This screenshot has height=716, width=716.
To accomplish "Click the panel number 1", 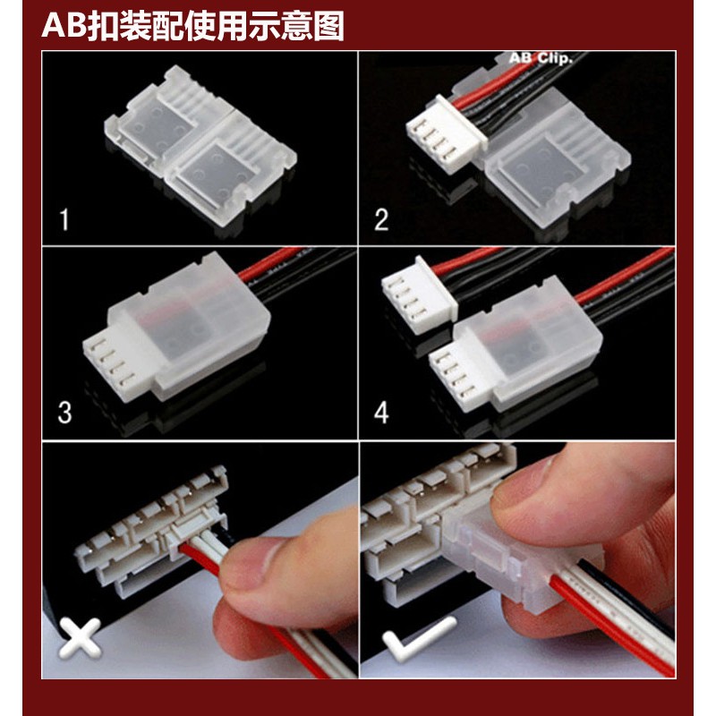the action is pyautogui.click(x=64, y=219).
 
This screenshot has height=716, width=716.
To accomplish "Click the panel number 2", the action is pyautogui.click(x=381, y=219).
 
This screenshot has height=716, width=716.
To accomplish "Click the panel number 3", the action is pyautogui.click(x=64, y=413).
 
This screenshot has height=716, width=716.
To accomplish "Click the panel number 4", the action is pyautogui.click(x=381, y=413).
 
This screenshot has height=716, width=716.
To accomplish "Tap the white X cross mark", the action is pyautogui.click(x=80, y=638).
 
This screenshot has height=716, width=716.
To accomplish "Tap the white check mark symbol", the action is pyautogui.click(x=418, y=638).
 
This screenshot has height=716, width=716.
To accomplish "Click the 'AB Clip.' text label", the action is pyautogui.click(x=541, y=58).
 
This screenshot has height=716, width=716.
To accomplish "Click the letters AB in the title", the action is pyautogui.click(x=64, y=27).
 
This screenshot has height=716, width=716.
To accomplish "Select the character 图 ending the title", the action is pyautogui.click(x=328, y=27).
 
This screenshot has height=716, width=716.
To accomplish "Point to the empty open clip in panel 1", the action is pyautogui.click(x=200, y=150).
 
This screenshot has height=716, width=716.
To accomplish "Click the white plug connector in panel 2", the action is pyautogui.click(x=445, y=135).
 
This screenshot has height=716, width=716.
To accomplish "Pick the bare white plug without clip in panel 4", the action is pyautogui.click(x=419, y=295).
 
